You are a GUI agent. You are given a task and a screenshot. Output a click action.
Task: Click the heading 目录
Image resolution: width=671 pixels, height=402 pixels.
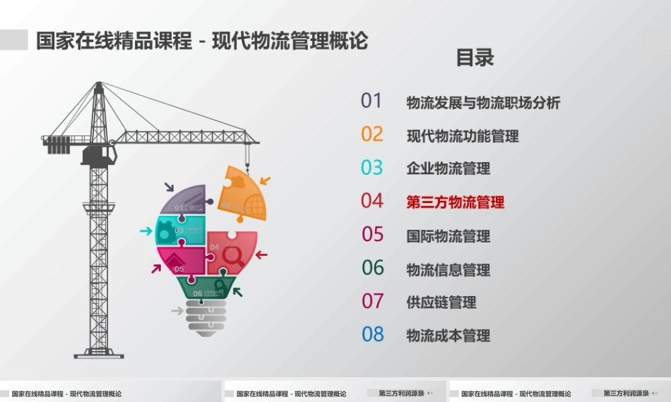pyautogui.click(x=475, y=58)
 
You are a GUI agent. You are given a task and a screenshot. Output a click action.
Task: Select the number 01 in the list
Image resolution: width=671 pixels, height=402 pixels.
pyautogui.click(x=371, y=100)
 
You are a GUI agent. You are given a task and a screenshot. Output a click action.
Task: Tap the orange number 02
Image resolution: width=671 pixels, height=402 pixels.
pyautogui.click(x=372, y=134)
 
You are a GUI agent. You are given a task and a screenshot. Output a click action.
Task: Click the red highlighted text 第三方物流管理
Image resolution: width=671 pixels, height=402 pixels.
pyautogui.click(x=455, y=202)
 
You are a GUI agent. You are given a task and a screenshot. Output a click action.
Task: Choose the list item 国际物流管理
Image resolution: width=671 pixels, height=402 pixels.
pyautogui.click(x=448, y=236)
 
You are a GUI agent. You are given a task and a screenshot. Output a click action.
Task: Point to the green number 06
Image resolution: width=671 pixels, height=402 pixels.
pyautogui.click(x=372, y=268)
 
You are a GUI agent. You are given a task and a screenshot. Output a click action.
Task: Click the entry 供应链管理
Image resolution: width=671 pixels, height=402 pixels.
pyautogui.click(x=441, y=302)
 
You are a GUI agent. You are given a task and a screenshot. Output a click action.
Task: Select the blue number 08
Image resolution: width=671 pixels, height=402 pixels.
pyautogui.click(x=372, y=334)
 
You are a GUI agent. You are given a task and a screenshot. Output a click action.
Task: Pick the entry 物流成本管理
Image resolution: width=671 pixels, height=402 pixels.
pyautogui.click(x=448, y=336)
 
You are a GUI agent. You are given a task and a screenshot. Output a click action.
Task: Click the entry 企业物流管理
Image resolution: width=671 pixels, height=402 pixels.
pyautogui.click(x=448, y=169)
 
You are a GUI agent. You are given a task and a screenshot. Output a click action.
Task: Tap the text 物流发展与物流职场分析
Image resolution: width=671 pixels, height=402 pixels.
pyautogui.click(x=483, y=103)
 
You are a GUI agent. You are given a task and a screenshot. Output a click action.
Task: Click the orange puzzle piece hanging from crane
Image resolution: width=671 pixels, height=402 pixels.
pyautogui.click(x=243, y=194)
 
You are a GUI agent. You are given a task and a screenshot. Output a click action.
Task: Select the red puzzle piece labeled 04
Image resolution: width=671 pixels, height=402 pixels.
pyautogui.click(x=231, y=252)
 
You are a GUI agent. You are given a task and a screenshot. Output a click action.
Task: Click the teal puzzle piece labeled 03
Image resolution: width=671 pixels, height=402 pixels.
pyautogui.click(x=179, y=230)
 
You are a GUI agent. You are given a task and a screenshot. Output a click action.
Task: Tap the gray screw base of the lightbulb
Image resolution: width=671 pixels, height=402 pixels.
pyautogui.click(x=205, y=318)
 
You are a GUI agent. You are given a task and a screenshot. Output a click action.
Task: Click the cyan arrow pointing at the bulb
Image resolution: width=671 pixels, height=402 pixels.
pyautogui.click(x=146, y=231)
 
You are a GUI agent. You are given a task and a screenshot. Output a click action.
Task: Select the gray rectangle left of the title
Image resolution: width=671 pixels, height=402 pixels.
pyautogui.click(x=13, y=40)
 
